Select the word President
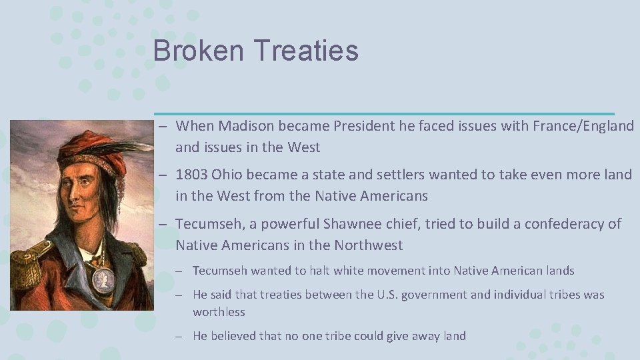click(368, 126)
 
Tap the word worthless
click(219, 312)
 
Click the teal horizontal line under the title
click(383, 113)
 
